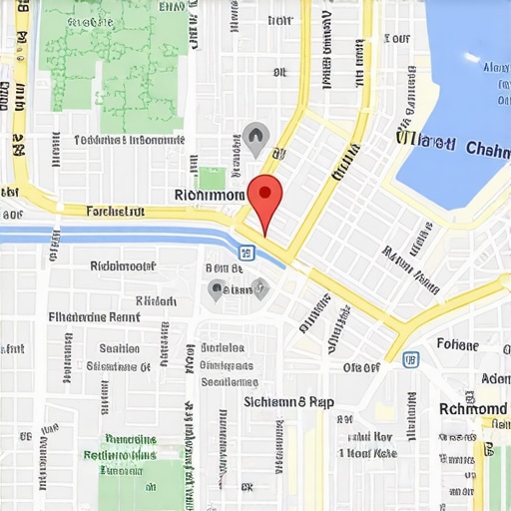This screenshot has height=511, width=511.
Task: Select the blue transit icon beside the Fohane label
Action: (410, 357)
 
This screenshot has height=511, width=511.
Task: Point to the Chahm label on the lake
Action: (473, 150)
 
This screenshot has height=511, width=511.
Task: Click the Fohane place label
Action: (458, 345)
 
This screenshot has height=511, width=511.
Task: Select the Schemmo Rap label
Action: (289, 402)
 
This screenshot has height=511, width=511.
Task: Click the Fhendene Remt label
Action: (94, 317)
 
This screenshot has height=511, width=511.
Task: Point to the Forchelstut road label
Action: (116, 212)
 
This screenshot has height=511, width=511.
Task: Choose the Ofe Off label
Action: (361, 367)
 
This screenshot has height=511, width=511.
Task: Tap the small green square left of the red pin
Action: (212, 178)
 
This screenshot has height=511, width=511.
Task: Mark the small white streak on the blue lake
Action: (472, 58)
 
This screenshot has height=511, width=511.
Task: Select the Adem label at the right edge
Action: (495, 379)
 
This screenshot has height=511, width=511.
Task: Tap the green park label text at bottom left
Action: (130, 447)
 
